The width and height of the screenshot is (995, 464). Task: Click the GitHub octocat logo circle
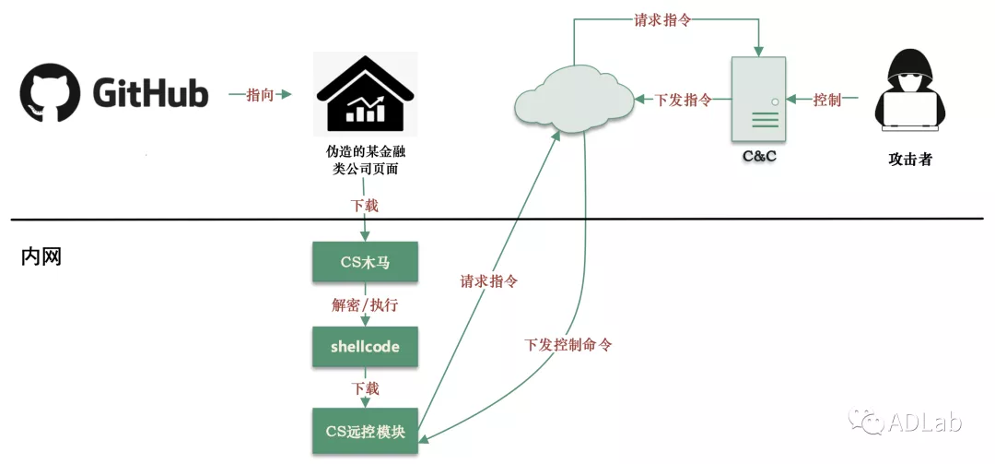51,92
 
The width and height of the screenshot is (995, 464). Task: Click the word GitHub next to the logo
150,93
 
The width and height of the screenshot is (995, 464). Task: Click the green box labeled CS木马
365,262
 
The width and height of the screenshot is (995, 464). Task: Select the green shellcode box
365,347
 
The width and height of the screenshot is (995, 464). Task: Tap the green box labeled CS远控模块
365,431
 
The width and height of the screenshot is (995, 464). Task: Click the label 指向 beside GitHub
260,95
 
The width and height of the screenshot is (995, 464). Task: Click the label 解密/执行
365,304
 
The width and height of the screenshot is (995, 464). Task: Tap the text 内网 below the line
41,257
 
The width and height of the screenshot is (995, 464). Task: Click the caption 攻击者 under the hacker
910,159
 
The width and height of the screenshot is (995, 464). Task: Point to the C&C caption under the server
759,156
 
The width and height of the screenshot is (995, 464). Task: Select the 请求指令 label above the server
662,19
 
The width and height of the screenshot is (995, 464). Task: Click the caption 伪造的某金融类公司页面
365,161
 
